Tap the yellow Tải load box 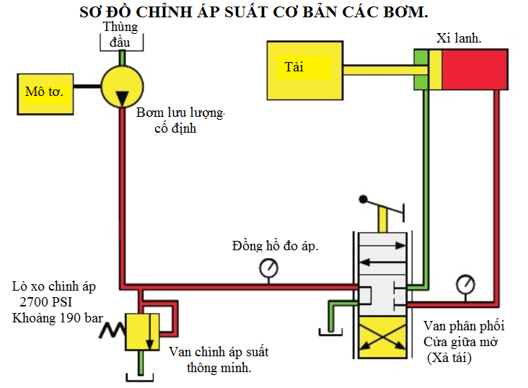[x=302, y=69]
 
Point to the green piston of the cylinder [x=421, y=70]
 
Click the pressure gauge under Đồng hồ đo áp [x=269, y=268]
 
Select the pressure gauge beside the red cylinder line [x=465, y=284]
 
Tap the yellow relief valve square [x=143, y=330]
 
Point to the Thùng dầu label [x=120, y=33]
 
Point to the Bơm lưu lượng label [x=180, y=113]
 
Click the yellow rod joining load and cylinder [x=377, y=70]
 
